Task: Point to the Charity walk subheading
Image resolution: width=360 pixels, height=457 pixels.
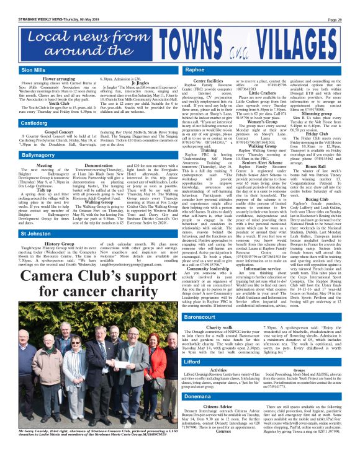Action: click(221, 326)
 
